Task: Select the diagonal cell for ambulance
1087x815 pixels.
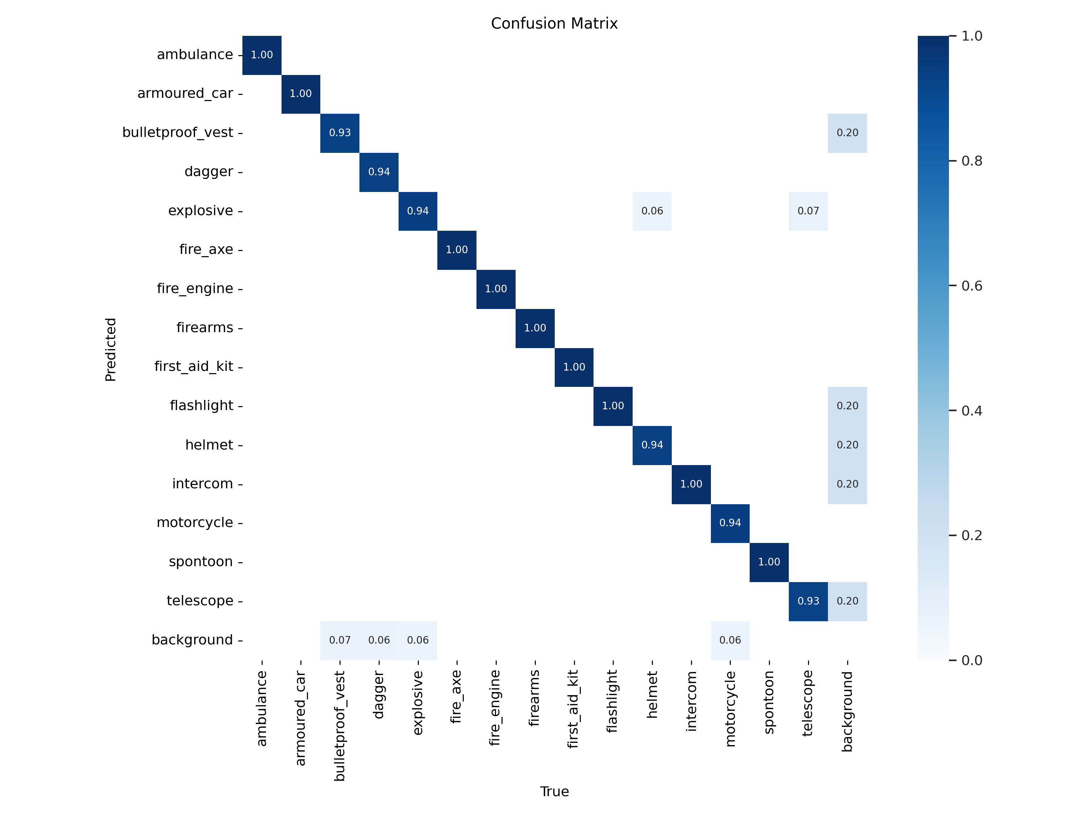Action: pyautogui.click(x=262, y=55)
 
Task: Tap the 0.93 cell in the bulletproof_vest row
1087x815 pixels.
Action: pyautogui.click(x=340, y=133)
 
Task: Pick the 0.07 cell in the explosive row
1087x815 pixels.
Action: pyautogui.click(x=808, y=211)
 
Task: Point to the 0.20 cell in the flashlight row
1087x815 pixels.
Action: pyautogui.click(x=847, y=406)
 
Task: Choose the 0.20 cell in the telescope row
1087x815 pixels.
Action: pyautogui.click(x=847, y=601)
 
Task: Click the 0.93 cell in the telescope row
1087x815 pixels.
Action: pyautogui.click(x=808, y=601)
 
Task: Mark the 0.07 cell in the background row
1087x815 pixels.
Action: pyautogui.click(x=340, y=640)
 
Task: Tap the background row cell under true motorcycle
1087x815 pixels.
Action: pyautogui.click(x=730, y=640)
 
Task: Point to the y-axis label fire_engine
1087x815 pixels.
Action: pyautogui.click(x=195, y=288)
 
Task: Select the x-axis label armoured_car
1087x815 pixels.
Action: pyautogui.click(x=300, y=718)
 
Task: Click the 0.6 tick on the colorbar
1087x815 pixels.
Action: pyautogui.click(x=971, y=286)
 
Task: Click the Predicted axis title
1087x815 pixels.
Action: pyautogui.click(x=111, y=349)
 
